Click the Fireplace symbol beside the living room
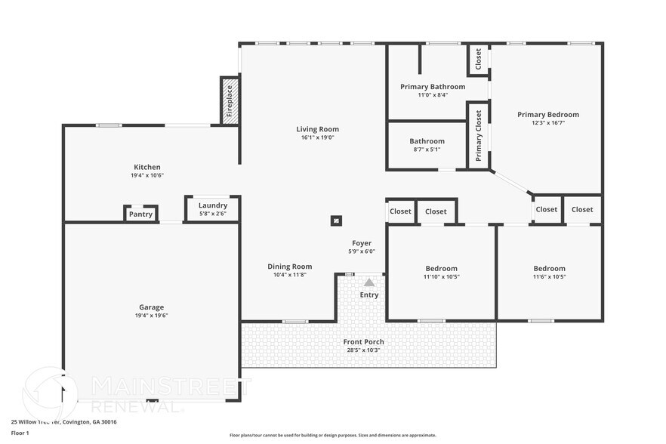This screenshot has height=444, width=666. pos(230,101)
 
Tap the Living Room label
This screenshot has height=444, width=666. pos(317,129)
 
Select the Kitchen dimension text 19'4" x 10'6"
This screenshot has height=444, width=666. pos(147,175)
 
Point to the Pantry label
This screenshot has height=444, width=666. pos(140,214)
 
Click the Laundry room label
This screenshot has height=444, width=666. pos(213,205)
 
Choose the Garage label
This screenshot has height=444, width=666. pos(151,307)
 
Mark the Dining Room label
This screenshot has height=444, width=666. pos(289,267)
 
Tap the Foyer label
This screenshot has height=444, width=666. pos(362,243)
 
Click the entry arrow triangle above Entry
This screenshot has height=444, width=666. pos(369,281)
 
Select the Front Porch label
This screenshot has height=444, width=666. pos(364,342)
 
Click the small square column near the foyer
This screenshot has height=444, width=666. pos(336,221)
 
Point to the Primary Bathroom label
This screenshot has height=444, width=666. pos(433,87)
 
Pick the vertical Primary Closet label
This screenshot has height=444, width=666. pos(479,137)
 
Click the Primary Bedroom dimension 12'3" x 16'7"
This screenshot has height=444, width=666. pos(547,122)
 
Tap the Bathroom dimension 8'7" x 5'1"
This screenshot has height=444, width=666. pos(427,149)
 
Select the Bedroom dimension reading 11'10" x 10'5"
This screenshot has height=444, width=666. pos(441,276)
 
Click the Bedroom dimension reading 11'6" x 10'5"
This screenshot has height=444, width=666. pos(549,276)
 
